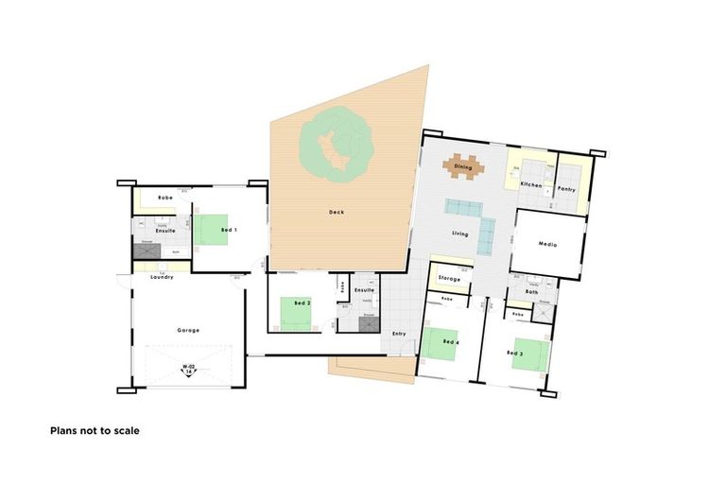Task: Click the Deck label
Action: (337, 213)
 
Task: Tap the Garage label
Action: (188, 330)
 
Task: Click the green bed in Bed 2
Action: (300, 313)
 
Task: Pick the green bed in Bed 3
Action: (529, 355)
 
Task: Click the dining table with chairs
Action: (463, 166)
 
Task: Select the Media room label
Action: (548, 244)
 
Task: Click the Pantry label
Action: (566, 189)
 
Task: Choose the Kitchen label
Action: (531, 184)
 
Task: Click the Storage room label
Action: (450, 279)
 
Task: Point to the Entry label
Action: (398, 334)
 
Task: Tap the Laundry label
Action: (162, 277)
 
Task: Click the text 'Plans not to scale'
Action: (95, 430)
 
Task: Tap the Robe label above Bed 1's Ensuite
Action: (165, 198)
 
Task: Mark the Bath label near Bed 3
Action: (531, 293)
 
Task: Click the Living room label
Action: (460, 233)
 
